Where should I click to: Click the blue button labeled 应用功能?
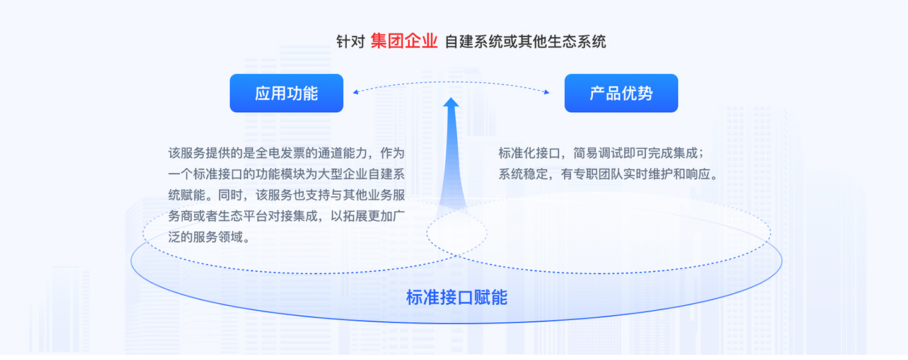(286, 93)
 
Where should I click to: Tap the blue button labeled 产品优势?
(621, 93)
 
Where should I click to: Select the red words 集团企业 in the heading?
(404, 42)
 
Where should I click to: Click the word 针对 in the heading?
(351, 42)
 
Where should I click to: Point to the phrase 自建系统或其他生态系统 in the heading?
(525, 42)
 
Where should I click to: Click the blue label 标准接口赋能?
(457, 297)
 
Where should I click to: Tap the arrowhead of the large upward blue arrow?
(451, 102)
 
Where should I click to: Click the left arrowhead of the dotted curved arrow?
(356, 92)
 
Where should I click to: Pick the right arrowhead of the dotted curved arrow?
(547, 92)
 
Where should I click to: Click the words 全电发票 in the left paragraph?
(280, 153)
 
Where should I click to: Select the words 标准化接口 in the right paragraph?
(530, 153)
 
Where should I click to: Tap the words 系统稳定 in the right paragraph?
(523, 174)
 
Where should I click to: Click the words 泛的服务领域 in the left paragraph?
(206, 237)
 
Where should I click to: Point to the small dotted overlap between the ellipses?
(457, 233)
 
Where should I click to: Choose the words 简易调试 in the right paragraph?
(598, 153)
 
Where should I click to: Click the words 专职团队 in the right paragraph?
(598, 174)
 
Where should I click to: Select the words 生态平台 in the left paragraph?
(243, 216)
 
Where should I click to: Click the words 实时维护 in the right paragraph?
(648, 174)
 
